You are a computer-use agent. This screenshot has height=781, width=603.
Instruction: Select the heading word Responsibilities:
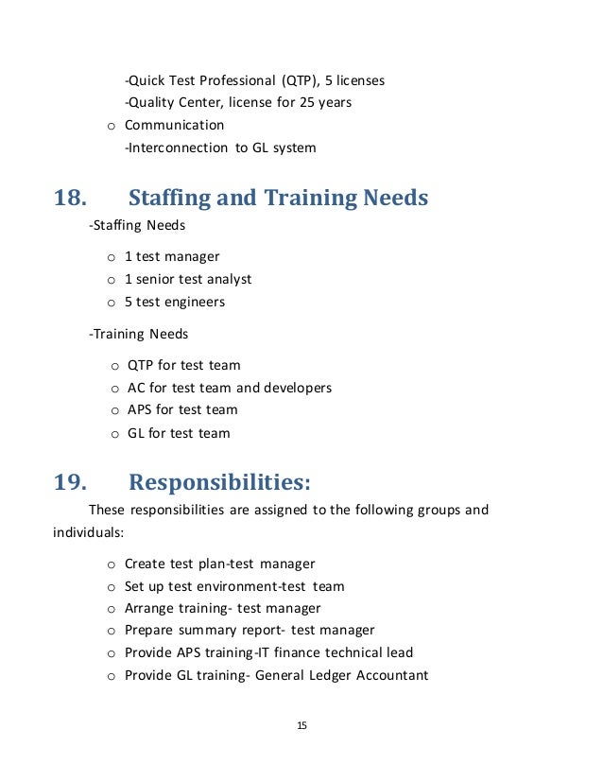click(219, 483)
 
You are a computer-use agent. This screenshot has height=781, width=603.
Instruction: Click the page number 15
click(301, 726)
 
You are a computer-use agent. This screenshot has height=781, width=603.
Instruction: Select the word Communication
click(175, 125)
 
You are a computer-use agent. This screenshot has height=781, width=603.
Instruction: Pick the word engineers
click(194, 303)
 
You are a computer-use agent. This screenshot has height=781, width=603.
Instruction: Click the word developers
click(298, 388)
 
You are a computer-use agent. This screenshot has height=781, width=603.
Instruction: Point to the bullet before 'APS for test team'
click(113, 410)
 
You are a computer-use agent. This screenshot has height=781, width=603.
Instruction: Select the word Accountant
click(388, 675)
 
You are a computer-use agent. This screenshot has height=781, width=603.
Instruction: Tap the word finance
click(289, 652)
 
